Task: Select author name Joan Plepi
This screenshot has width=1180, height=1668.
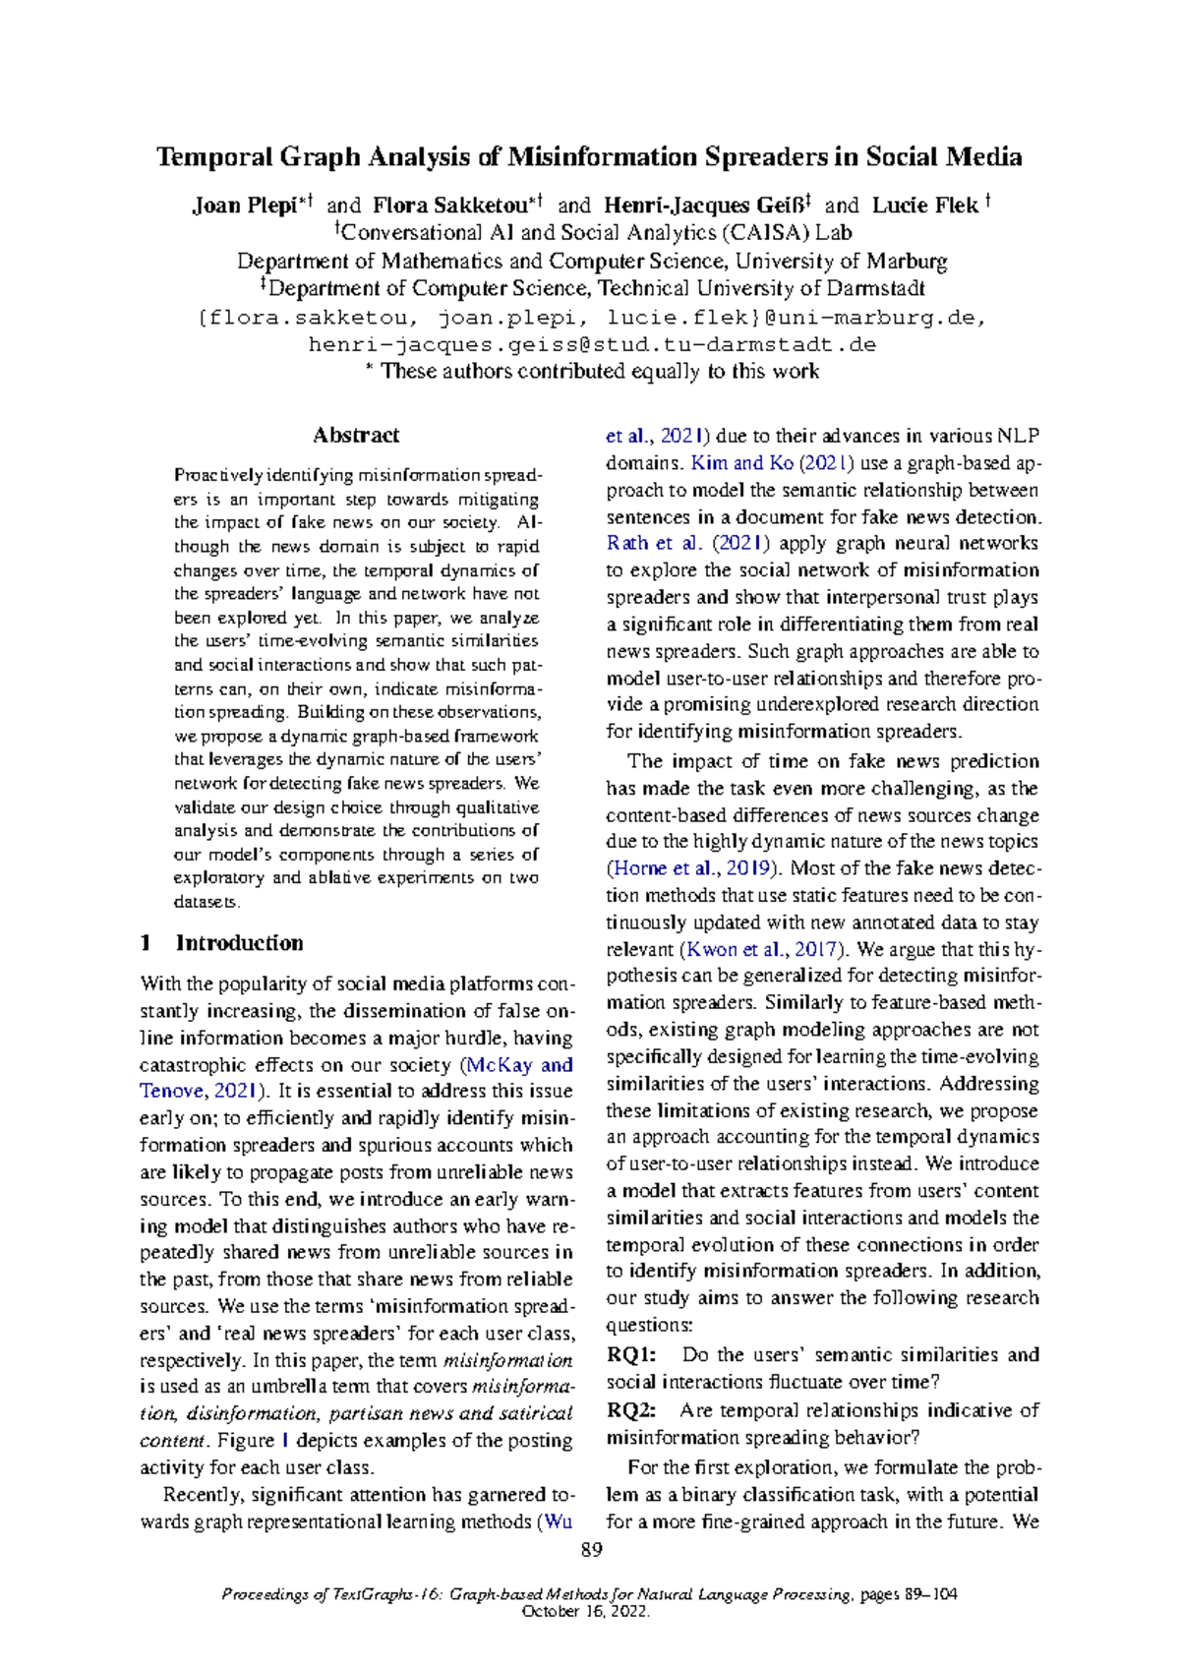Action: (244, 206)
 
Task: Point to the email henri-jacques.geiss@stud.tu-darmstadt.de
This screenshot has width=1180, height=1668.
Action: (591, 345)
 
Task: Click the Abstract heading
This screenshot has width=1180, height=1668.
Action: (355, 435)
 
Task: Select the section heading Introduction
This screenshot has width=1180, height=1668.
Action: (239, 943)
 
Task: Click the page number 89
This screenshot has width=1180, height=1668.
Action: (591, 1551)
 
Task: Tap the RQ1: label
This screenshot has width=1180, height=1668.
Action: (631, 1355)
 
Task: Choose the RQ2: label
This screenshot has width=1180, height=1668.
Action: (631, 1410)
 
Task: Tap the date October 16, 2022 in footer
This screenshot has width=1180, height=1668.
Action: (586, 1612)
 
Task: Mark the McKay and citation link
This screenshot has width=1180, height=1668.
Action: (519, 1065)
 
